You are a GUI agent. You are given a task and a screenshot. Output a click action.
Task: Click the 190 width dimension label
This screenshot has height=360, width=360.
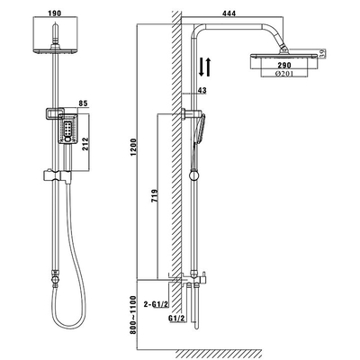(54, 13)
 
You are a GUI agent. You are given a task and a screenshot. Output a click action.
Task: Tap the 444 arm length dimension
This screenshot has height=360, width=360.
(229, 13)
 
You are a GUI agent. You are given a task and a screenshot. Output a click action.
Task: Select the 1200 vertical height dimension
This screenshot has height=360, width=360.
(133, 147)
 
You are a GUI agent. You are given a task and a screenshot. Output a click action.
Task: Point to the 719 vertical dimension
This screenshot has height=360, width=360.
(155, 196)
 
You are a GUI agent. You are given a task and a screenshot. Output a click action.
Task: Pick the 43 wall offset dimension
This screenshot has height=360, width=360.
(202, 90)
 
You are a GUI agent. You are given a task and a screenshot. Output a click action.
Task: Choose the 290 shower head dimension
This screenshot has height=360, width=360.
(284, 65)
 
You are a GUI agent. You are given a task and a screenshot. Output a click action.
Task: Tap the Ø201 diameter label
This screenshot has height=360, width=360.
(284, 74)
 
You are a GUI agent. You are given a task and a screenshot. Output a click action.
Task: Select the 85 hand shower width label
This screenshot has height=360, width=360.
(83, 103)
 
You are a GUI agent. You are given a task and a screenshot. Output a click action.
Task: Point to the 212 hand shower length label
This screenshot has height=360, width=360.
(85, 144)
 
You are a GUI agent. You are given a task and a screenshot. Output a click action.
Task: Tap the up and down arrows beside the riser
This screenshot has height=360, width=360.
(205, 67)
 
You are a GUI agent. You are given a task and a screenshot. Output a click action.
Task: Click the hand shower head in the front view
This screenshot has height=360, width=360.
(67, 129)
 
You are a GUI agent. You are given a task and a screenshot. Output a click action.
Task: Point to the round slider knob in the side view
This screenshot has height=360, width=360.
(194, 175)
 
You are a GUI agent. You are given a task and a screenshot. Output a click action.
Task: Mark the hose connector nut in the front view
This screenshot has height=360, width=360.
(54, 280)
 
